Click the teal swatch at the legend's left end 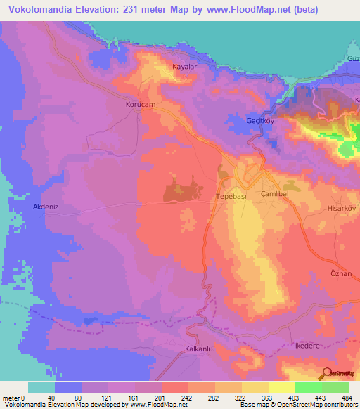click(x=41, y=387)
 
